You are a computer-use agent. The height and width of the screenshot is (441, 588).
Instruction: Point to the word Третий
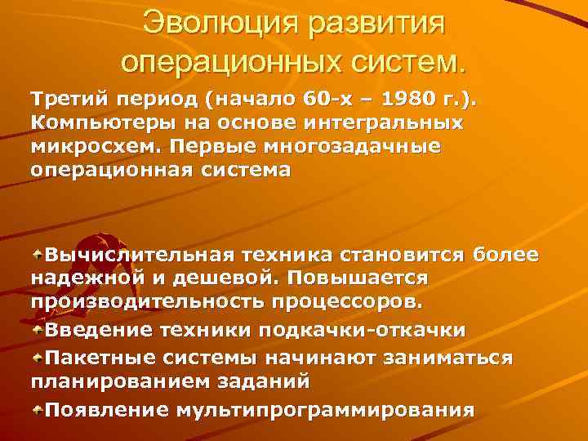click(62, 100)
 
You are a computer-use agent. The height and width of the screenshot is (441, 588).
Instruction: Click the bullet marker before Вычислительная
click(38, 255)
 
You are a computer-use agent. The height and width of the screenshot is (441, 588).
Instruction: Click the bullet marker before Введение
click(38, 330)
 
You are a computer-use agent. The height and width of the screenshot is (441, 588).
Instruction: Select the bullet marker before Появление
click(38, 408)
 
